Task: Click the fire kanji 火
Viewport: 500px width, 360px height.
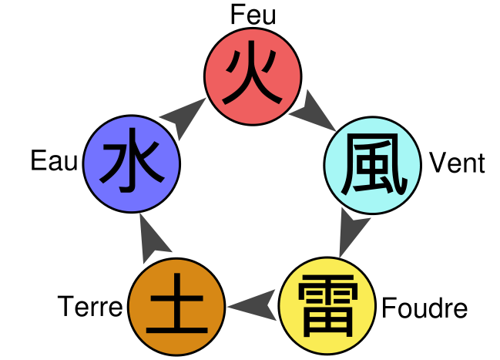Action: [x=253, y=77]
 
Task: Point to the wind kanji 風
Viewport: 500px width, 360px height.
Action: [x=373, y=164]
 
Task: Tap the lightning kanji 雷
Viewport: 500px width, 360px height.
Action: [x=327, y=307]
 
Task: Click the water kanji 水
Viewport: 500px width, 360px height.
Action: [x=132, y=164]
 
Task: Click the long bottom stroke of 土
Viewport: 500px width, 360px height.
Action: [x=176, y=331]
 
